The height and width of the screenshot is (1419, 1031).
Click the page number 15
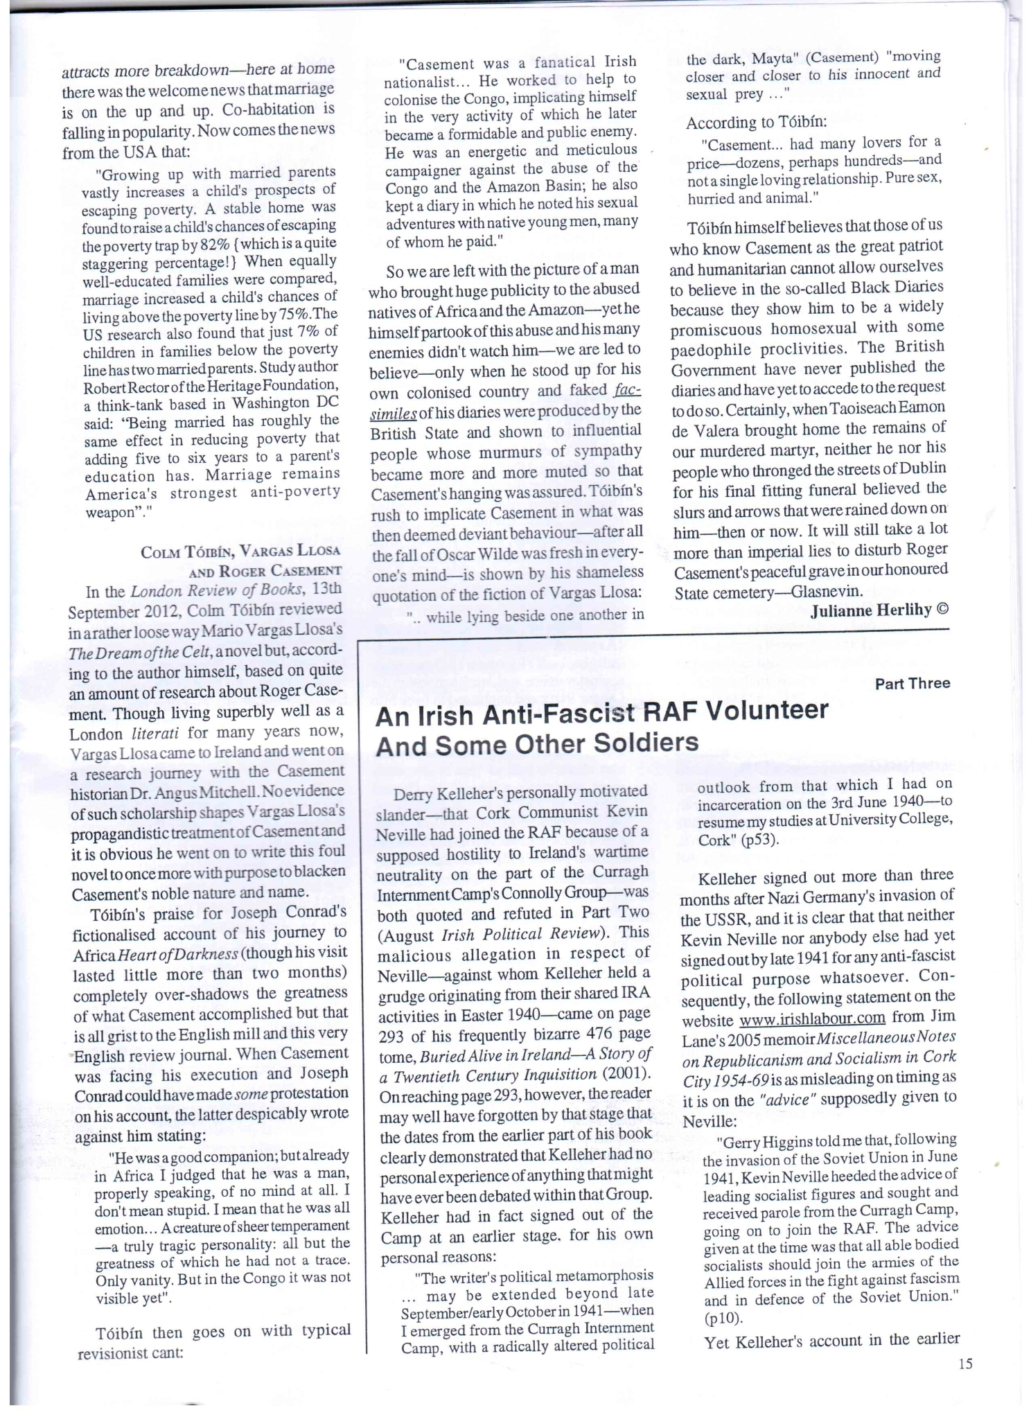click(x=965, y=1364)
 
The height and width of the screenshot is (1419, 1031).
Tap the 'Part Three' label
click(x=912, y=684)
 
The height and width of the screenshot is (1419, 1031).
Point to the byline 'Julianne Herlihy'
click(x=870, y=609)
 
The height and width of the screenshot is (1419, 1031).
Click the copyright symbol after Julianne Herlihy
click(x=942, y=608)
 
